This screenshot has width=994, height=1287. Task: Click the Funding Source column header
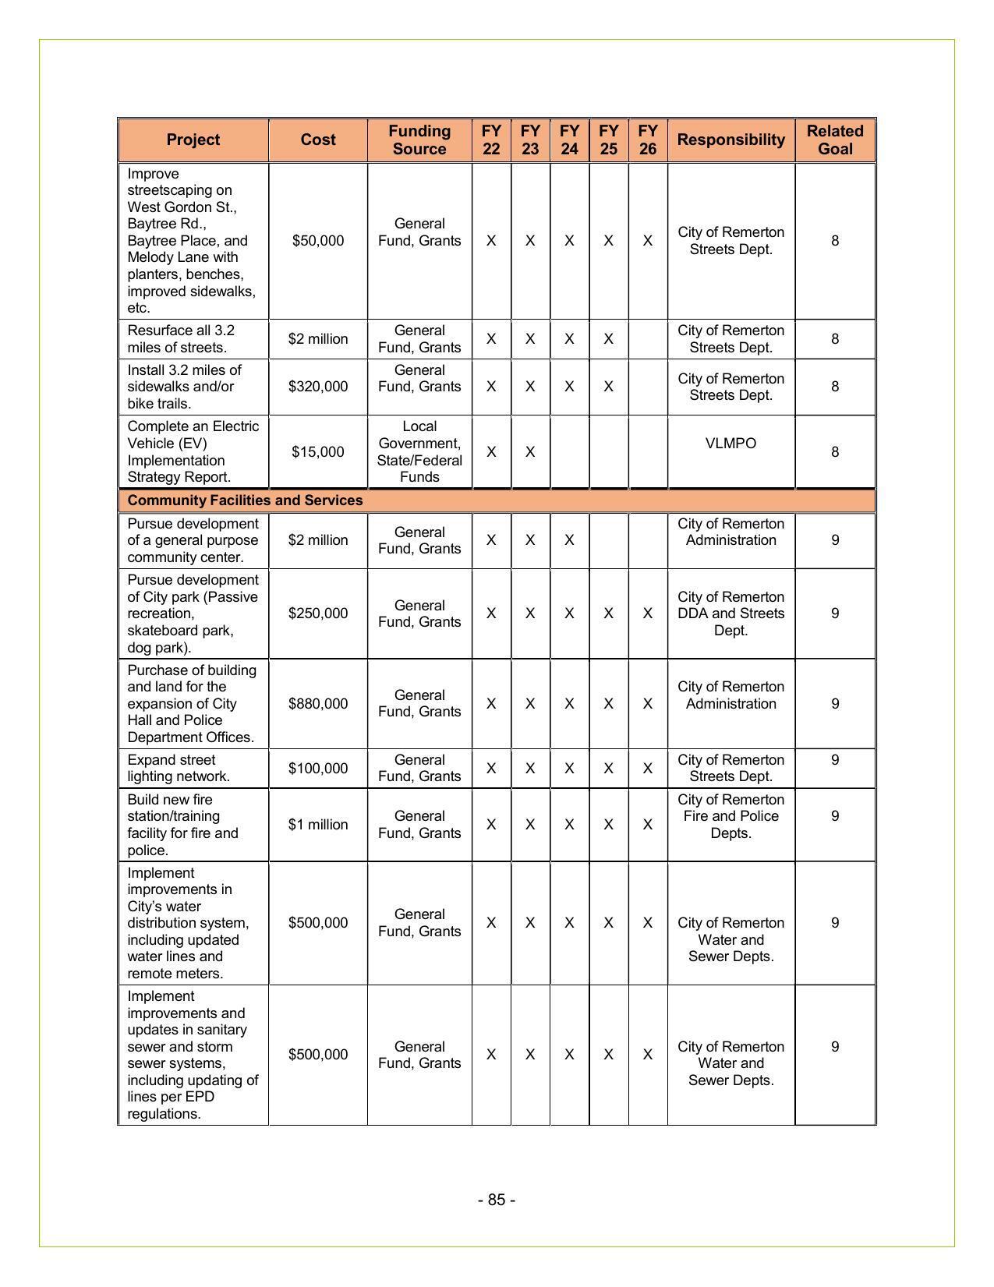tap(419, 140)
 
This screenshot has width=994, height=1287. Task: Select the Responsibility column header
tap(730, 140)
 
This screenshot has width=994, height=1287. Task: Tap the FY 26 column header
tap(647, 140)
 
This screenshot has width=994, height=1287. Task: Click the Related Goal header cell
tap(835, 140)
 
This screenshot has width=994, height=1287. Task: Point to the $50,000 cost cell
tap(318, 241)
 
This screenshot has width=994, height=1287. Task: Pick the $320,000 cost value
tap(318, 387)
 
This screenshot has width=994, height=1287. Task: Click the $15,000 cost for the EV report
tap(318, 452)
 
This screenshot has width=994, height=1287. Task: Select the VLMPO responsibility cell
tap(730, 444)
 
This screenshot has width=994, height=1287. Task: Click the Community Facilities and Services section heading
tap(245, 500)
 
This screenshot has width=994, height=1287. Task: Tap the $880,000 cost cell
tap(318, 704)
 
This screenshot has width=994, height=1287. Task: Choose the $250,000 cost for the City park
tap(318, 613)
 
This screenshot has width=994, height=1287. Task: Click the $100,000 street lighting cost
tap(318, 769)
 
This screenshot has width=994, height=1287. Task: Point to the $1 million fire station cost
tap(318, 825)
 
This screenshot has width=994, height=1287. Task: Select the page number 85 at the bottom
tap(497, 1200)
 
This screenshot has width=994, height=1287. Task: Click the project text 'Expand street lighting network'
tap(179, 769)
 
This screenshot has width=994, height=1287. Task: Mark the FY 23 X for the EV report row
tap(530, 452)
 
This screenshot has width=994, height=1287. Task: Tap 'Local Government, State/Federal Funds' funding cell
tap(419, 452)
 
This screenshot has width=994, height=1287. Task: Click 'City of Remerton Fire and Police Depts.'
tap(730, 816)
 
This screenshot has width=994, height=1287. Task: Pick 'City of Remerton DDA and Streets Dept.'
tap(730, 613)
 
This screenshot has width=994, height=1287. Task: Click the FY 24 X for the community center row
tap(569, 540)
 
